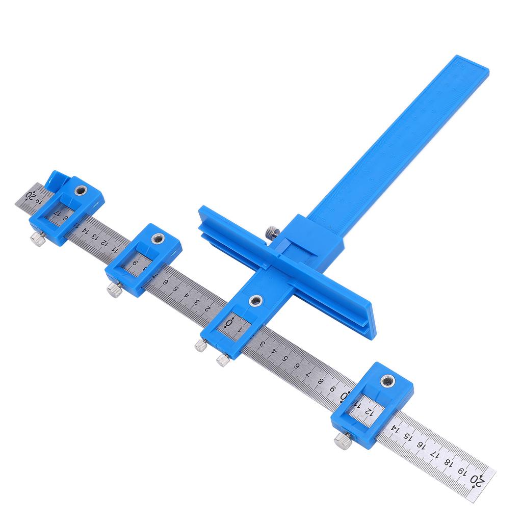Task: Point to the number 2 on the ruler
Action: click(207, 308)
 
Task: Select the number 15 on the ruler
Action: click(406, 436)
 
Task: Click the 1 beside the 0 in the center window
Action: click(240, 329)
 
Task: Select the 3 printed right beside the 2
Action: click(197, 302)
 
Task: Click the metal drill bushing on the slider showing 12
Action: click(388, 380)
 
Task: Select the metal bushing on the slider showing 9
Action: click(159, 238)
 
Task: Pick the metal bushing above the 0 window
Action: click(254, 300)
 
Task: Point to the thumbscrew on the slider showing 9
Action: click(113, 290)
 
